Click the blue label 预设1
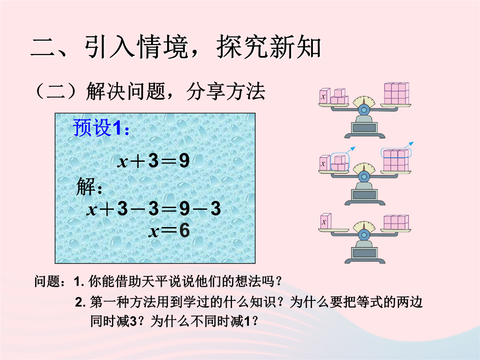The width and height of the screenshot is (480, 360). click(101, 128)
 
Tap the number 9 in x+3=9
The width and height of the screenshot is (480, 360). click(184, 160)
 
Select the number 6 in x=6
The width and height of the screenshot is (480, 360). click(184, 231)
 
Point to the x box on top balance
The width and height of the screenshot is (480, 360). click(324, 96)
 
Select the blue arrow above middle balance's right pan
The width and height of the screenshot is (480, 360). click(409, 144)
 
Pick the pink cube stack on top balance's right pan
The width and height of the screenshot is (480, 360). click(397, 93)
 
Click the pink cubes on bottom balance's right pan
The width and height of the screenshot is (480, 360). click(396, 222)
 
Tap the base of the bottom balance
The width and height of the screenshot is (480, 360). click(364, 255)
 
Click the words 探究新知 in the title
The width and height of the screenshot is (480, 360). click(269, 47)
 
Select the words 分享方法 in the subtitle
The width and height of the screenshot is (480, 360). click(226, 91)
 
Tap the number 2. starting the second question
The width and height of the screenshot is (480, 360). click(80, 302)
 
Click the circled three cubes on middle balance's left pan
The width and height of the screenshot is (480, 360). click(340, 162)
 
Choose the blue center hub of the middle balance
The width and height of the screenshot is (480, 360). click(364, 176)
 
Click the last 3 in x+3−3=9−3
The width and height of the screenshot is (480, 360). click(216, 208)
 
